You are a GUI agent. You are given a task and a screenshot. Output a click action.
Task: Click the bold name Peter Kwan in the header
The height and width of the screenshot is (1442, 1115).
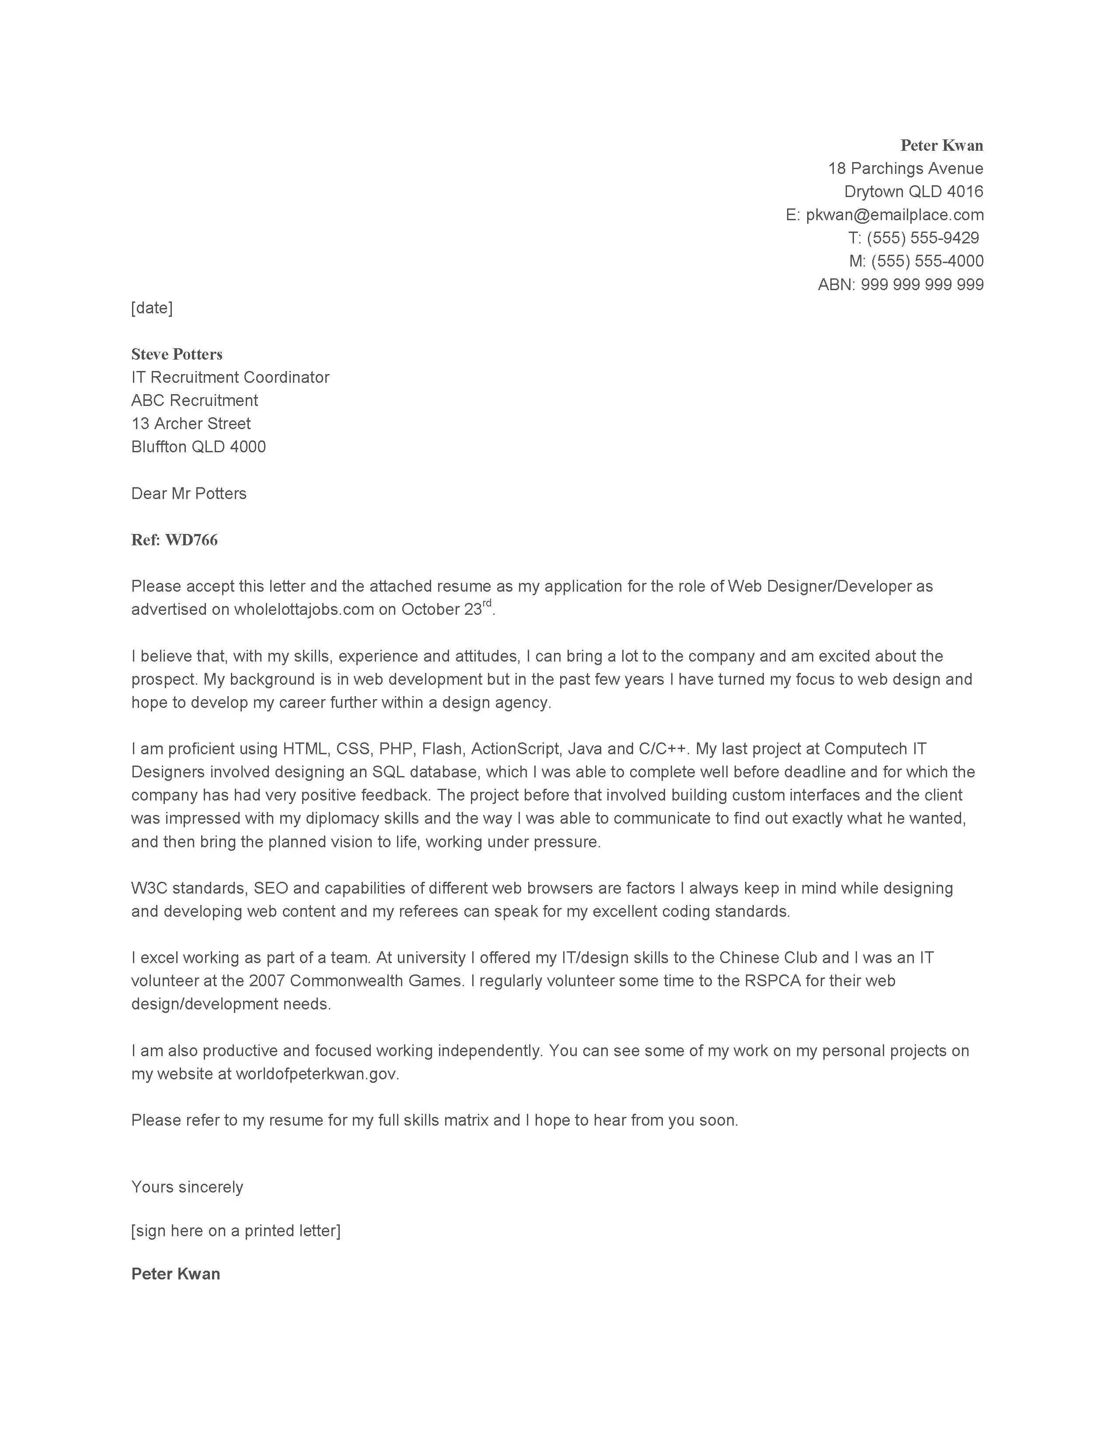(x=941, y=145)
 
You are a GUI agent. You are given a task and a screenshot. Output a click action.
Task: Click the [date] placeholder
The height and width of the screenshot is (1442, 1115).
(x=152, y=308)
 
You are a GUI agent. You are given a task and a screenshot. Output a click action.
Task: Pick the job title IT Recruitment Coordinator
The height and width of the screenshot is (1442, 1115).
(x=230, y=377)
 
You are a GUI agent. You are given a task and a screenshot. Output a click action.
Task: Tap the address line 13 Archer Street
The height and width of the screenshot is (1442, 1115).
(x=191, y=423)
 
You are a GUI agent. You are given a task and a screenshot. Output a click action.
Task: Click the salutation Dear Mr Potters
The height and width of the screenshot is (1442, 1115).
(x=188, y=493)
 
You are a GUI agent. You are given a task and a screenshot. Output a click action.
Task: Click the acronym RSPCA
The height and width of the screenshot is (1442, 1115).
(x=772, y=981)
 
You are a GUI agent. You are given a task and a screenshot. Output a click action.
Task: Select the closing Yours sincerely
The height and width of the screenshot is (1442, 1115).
(x=187, y=1186)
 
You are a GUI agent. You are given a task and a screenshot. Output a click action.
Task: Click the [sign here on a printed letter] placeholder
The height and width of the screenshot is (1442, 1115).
(x=236, y=1230)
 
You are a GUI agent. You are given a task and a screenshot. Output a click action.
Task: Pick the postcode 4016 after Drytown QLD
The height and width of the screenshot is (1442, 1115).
(x=965, y=191)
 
